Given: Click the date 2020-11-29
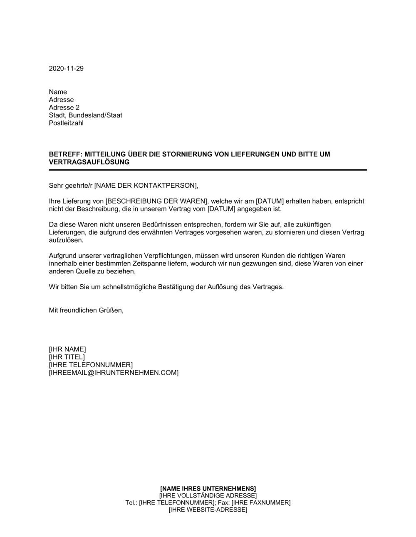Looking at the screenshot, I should (66, 69).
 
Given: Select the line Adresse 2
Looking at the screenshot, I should (64, 107).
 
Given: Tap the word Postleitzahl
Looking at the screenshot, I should (66, 123).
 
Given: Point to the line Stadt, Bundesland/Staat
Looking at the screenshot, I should (85, 115).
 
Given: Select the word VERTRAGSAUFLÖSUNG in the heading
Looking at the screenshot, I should (89, 162).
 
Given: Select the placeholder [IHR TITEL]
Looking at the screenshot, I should (67, 357).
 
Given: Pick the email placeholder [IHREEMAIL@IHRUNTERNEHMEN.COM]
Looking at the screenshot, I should (114, 373).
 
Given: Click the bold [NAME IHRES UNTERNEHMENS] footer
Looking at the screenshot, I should (208, 488).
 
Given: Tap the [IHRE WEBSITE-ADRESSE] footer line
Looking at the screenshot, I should (208, 510).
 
